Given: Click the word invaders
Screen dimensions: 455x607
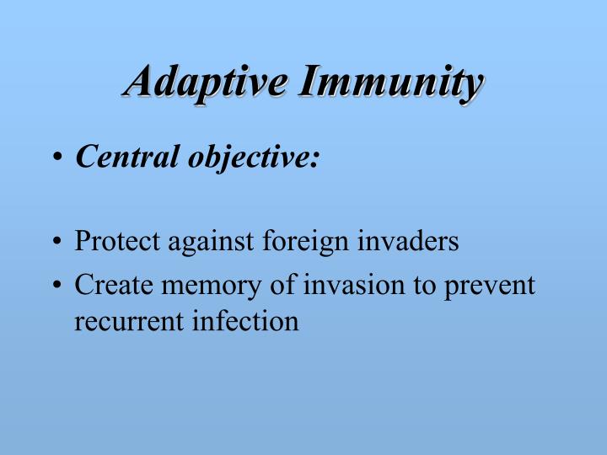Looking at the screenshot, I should point(407,242).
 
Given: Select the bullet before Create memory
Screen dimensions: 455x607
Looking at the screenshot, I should point(56,286).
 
